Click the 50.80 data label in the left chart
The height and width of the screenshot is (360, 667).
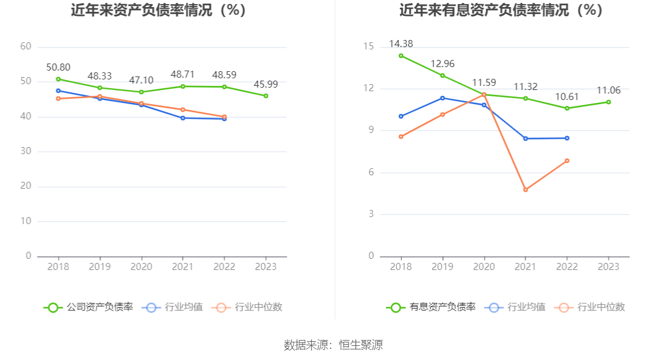click(x=58, y=67)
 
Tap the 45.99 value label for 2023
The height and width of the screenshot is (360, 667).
click(x=266, y=84)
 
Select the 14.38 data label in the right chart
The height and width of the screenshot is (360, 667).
click(x=401, y=44)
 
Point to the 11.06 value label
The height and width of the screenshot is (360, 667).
click(x=608, y=90)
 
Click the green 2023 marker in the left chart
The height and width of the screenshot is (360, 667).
click(x=266, y=96)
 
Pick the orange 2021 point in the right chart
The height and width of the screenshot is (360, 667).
click(x=525, y=190)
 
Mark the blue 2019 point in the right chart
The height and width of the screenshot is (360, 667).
click(x=442, y=98)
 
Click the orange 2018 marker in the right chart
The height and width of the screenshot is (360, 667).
click(x=401, y=136)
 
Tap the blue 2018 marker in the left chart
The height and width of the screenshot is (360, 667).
click(x=58, y=91)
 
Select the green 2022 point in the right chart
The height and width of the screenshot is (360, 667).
click(x=567, y=108)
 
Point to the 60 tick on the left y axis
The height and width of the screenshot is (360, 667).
click(x=25, y=46)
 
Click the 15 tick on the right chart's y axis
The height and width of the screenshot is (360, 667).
click(x=369, y=46)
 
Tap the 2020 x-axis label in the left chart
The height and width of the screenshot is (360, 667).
click(x=141, y=266)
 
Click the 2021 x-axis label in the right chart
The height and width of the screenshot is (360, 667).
click(x=525, y=266)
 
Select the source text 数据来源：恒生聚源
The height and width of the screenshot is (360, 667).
click(x=333, y=345)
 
